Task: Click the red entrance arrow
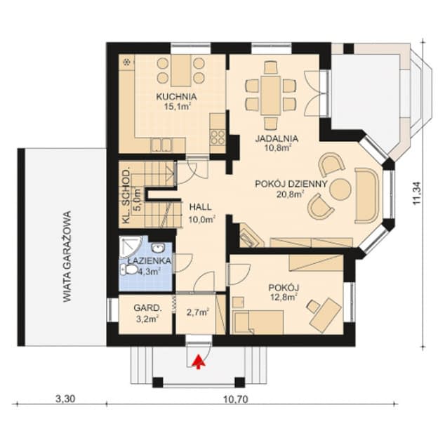point(199,361)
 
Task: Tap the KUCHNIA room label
point(176,96)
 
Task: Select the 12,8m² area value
point(285,298)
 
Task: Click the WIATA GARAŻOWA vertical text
point(68,256)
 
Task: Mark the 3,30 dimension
point(65,400)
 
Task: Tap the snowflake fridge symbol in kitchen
point(128,62)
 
